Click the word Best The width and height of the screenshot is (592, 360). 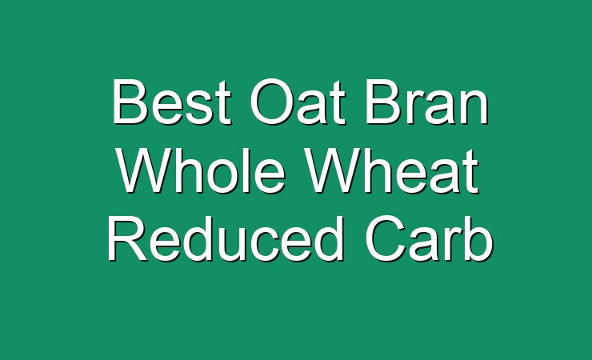pyautogui.click(x=171, y=102)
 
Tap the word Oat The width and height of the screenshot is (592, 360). pyautogui.click(x=298, y=102)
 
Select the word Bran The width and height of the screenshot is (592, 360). pyautogui.click(x=426, y=102)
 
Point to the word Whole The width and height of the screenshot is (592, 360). pyautogui.click(x=201, y=170)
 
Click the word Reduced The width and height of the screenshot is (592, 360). pyautogui.click(x=225, y=238)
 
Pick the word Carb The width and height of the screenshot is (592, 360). pyautogui.click(x=429, y=238)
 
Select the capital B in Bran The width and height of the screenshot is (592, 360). pyautogui.click(x=383, y=101)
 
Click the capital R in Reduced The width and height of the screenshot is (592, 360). pyautogui.click(x=127, y=238)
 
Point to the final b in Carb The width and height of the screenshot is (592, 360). pyautogui.click(x=479, y=239)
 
